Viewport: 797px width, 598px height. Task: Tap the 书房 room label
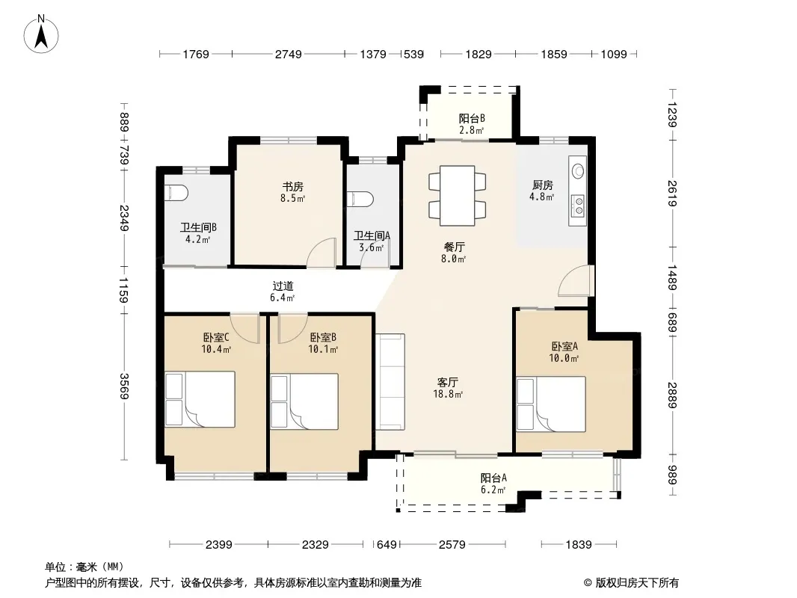(293, 186)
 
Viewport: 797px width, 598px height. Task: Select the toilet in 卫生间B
(176, 193)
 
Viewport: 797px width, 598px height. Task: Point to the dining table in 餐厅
(457, 196)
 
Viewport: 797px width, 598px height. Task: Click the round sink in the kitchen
(579, 170)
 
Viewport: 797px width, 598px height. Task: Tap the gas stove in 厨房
(579, 205)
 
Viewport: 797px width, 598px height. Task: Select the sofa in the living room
(390, 381)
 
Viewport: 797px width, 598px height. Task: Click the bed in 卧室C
(200, 399)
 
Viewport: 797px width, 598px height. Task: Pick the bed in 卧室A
(551, 404)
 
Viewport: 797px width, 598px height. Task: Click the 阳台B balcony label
(472, 118)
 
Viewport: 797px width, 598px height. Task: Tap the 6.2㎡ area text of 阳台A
(493, 490)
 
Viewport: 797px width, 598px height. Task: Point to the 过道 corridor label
(283, 286)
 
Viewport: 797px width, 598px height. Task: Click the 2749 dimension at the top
(288, 54)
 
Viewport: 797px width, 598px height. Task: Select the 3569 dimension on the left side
(124, 386)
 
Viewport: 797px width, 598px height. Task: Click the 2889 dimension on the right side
(672, 395)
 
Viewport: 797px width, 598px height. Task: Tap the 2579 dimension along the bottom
(452, 545)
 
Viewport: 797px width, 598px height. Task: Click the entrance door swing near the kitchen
(576, 280)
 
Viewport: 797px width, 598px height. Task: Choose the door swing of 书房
(321, 253)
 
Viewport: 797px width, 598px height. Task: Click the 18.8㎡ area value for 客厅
(447, 394)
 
